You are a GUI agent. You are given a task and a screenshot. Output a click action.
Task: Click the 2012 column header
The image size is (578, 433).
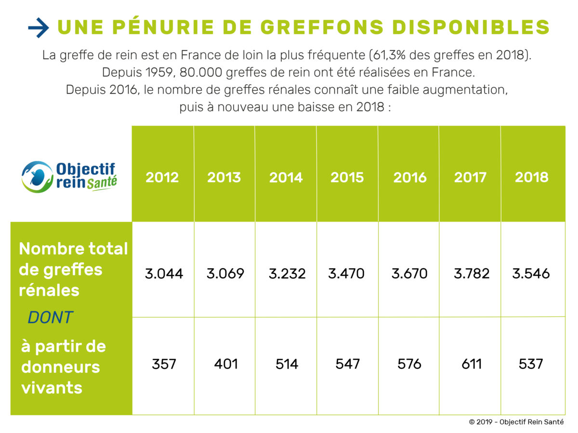click(162, 177)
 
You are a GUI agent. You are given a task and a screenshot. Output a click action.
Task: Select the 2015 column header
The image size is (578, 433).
click(347, 177)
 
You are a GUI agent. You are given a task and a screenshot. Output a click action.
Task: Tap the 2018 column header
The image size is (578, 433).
click(532, 177)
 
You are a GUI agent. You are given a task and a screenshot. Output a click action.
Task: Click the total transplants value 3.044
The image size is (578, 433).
click(164, 274)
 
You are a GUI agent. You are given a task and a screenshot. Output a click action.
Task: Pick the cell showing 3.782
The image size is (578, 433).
click(472, 274)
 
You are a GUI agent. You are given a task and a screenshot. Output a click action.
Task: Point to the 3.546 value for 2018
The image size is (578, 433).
click(531, 274)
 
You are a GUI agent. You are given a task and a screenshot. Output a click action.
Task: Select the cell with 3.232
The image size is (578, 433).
click(287, 274)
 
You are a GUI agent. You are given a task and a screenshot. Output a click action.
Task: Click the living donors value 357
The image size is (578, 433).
click(164, 364)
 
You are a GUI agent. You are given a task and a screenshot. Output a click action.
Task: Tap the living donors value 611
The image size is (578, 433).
click(472, 364)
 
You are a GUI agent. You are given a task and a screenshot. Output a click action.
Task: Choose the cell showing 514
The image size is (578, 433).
click(287, 364)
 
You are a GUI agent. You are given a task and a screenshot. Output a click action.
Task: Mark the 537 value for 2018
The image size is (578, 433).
click(531, 364)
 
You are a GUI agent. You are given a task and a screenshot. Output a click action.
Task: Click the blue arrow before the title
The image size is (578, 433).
click(39, 28)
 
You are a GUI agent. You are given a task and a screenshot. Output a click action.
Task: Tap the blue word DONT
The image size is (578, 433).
click(50, 317)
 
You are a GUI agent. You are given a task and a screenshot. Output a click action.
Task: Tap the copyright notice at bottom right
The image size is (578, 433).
click(516, 422)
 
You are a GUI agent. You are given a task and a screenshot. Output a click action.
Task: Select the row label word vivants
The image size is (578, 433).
click(52, 387)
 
